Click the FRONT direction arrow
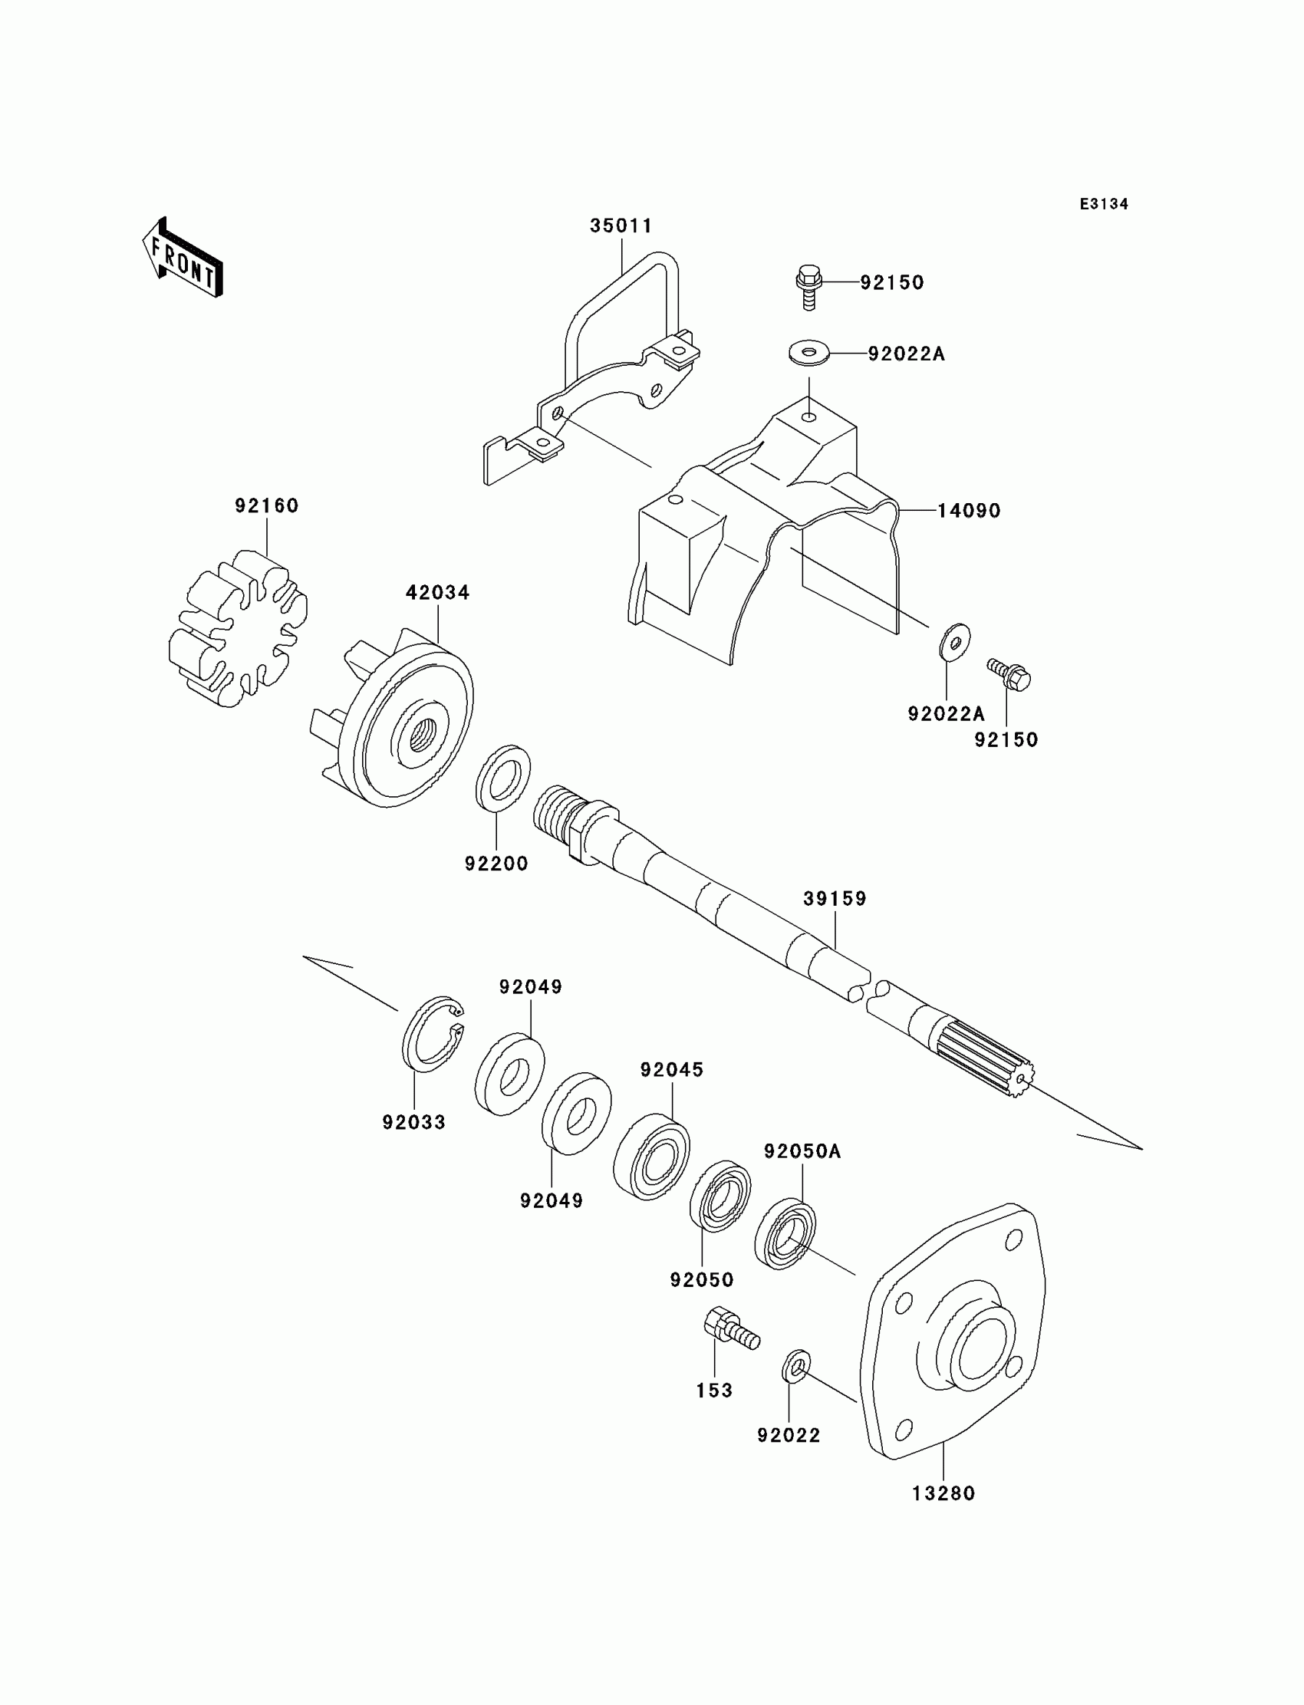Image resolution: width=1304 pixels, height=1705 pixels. click(183, 257)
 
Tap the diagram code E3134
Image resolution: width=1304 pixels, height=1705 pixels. click(1104, 204)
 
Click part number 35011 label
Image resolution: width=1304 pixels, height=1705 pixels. click(621, 225)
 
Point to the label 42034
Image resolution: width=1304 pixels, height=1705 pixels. click(438, 593)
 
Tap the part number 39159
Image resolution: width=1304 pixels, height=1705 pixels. click(835, 899)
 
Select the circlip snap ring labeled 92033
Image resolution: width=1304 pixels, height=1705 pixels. click(433, 1035)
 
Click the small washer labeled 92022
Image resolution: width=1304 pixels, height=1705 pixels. click(795, 1366)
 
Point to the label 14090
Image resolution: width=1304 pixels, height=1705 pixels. click(969, 511)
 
